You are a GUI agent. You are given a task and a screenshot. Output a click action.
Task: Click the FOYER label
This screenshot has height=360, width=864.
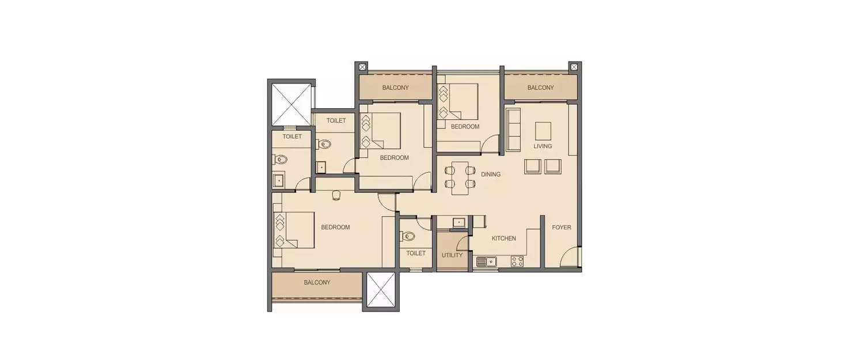click(561, 228)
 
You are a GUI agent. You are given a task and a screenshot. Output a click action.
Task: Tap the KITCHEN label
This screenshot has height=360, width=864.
click(503, 238)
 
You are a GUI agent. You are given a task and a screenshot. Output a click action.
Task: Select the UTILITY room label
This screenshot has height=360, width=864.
click(452, 255)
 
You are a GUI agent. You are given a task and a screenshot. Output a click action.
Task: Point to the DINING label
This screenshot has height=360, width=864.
click(491, 174)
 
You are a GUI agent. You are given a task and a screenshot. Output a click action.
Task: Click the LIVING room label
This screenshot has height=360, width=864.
click(542, 146)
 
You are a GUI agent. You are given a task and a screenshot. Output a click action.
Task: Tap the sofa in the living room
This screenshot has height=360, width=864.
click(513, 130)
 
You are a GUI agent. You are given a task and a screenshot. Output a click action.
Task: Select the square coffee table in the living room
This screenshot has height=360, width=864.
click(543, 131)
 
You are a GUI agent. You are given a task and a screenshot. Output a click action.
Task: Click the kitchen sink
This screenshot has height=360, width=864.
click(486, 262)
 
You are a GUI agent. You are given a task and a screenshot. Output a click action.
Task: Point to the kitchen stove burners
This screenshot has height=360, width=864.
click(517, 262)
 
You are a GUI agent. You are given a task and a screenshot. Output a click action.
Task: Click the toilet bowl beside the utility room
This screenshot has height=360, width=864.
click(408, 235)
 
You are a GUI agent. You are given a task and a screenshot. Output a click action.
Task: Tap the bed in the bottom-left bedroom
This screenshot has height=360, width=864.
click(295, 230)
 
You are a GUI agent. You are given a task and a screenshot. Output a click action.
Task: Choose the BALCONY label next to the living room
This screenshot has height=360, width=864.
click(540, 88)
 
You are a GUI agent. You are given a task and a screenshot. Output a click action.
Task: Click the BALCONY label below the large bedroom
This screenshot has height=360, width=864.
click(317, 283)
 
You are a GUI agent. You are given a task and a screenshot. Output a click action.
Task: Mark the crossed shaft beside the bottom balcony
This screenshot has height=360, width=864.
click(381, 290)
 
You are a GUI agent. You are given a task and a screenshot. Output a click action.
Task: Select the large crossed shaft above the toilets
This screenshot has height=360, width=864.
click(291, 104)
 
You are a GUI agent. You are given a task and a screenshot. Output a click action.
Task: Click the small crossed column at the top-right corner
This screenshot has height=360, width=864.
click(574, 67)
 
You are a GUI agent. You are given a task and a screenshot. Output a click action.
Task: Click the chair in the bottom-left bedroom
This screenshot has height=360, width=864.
click(336, 196)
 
